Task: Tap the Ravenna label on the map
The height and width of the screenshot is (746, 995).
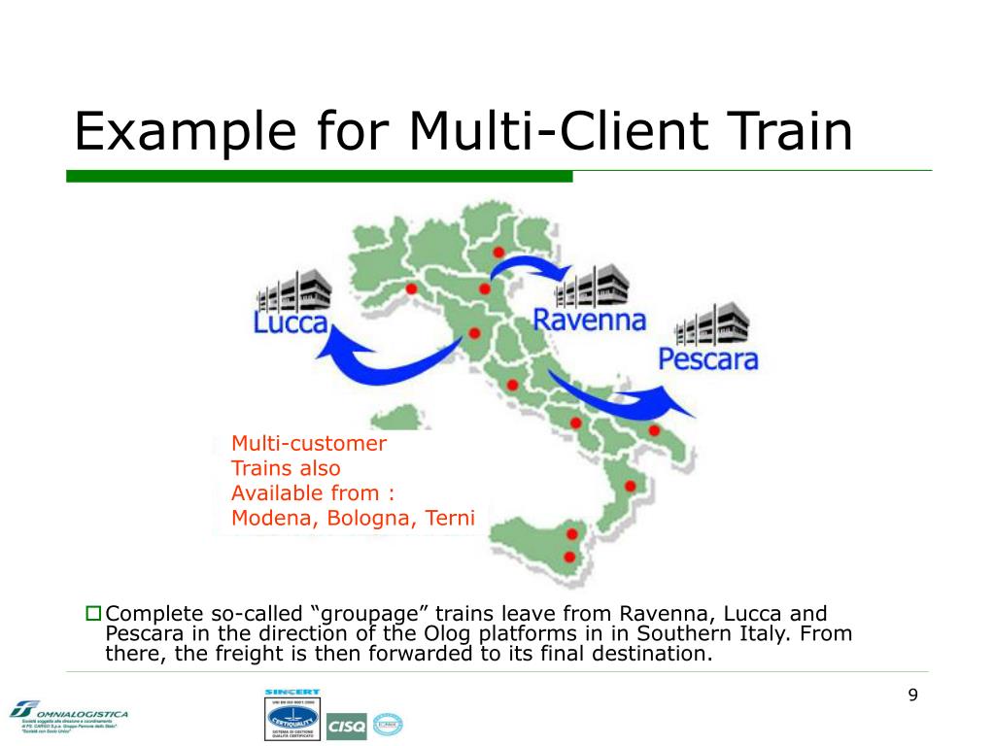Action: [590, 319]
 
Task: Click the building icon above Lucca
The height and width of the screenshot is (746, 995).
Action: [293, 289]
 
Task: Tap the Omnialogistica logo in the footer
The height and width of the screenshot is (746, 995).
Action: [68, 717]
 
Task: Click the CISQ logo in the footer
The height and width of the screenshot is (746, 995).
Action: [347, 725]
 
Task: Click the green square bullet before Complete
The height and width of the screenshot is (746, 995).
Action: [94, 613]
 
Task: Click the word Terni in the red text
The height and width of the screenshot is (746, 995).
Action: [449, 518]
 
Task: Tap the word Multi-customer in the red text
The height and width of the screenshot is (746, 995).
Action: [309, 444]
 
